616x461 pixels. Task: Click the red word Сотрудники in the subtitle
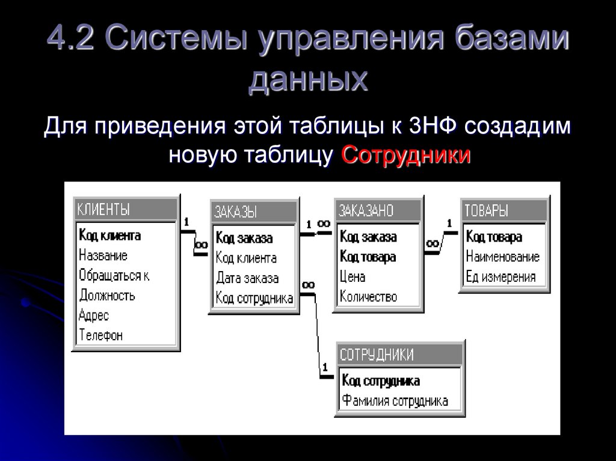coord(405,155)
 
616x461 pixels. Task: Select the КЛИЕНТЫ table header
coord(103,209)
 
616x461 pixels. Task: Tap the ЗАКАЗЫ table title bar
coord(236,212)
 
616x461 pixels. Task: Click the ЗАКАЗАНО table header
coord(366,210)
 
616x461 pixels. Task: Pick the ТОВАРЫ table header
coord(486,210)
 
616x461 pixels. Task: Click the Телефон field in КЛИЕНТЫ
coord(100,335)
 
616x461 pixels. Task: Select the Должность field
coord(107,295)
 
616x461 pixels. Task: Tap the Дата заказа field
coord(247,278)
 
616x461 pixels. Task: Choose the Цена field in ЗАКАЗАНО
coord(353,277)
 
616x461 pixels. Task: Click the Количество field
coord(368,296)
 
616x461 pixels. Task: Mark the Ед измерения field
coord(500,277)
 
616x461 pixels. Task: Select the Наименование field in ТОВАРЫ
coord(503,257)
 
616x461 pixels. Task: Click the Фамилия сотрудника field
coord(395,401)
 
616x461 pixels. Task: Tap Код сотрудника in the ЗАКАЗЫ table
coord(254,298)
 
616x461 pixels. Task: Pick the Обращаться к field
coord(114,275)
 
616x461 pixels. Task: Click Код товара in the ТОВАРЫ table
coord(494,237)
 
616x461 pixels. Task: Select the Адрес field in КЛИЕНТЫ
coord(93,315)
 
